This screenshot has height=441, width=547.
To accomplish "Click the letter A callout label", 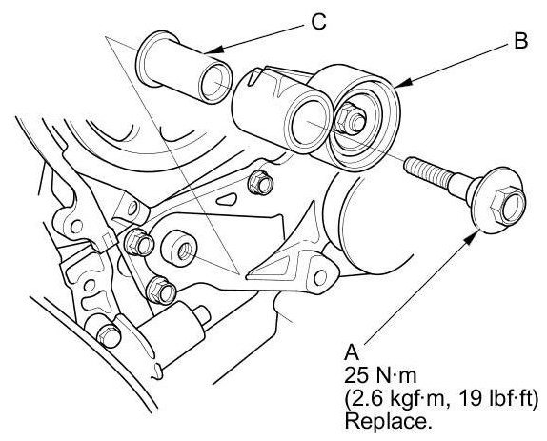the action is pos(352,352).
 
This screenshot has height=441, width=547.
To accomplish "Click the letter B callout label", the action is pos(520,40).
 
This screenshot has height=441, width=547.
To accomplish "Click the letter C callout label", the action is pos(318,22).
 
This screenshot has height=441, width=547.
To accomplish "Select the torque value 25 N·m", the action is pos(380,376).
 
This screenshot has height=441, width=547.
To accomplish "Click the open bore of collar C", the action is pos(215,83).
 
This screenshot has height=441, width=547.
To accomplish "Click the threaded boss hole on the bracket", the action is pos(184,251).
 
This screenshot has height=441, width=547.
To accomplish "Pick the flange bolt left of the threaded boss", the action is pos(139,242).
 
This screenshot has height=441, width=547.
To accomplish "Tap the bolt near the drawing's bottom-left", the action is pos(108,335).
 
